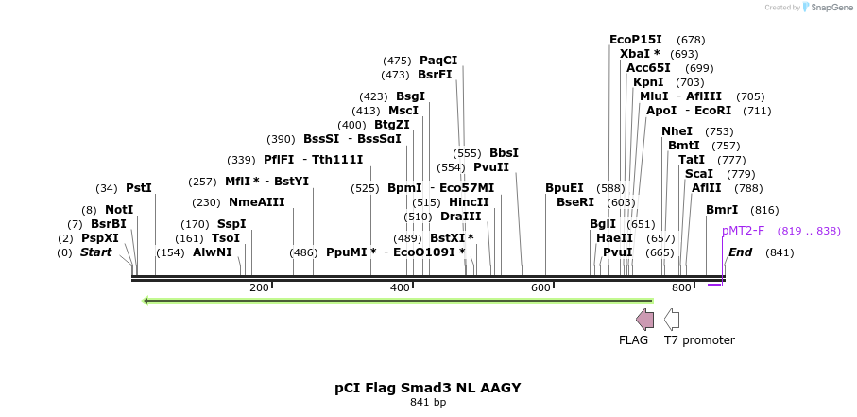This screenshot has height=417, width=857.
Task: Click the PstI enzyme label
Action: coord(139,188)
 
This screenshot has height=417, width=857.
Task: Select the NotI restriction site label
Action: coord(119,210)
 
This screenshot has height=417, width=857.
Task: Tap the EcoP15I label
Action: coord(636,40)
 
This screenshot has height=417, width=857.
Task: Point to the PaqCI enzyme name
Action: coord(438,61)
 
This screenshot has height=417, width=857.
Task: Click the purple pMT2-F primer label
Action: coord(743,231)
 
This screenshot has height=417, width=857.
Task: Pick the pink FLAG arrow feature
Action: coord(645,319)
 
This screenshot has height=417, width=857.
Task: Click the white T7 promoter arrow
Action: coord(672,319)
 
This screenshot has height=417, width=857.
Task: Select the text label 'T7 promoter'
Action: coord(699,340)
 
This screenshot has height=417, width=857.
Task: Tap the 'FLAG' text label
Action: coord(633,340)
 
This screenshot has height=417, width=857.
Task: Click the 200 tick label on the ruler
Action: coord(259,287)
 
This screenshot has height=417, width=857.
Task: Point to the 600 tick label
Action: coord(540,287)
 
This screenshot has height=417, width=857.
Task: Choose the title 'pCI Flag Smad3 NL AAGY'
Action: coord(428,388)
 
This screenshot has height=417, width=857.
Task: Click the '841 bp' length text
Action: coord(428,403)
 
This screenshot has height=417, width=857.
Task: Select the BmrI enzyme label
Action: coord(722,210)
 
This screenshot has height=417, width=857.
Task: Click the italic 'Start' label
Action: coord(95,252)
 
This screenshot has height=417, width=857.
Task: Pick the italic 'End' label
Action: coord(740,252)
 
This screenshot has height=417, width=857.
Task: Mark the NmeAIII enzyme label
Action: coord(257,202)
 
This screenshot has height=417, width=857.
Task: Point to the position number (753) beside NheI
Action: coord(719,131)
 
